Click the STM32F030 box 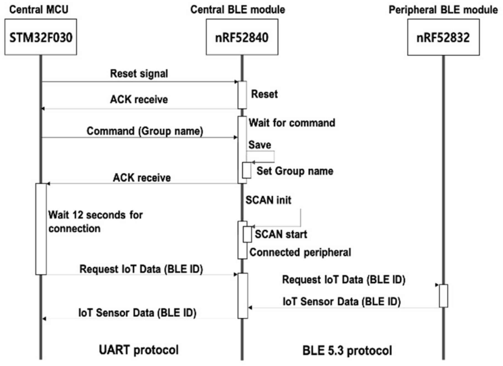(x=41, y=37)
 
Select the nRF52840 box (x=242, y=37)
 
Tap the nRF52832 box (x=443, y=37)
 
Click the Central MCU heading (x=39, y=10)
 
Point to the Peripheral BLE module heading (x=443, y=10)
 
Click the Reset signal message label (x=139, y=74)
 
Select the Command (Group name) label (x=145, y=131)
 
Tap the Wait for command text (x=292, y=123)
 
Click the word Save (x=260, y=145)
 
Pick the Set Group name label (x=295, y=171)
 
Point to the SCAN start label (x=281, y=234)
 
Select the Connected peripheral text (x=300, y=252)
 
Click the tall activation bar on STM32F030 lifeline (x=41, y=229)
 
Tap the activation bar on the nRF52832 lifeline (x=443, y=296)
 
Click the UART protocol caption (x=139, y=350)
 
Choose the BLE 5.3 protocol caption (x=347, y=351)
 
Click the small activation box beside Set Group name (x=247, y=170)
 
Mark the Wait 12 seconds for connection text (x=95, y=222)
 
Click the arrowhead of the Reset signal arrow (x=236, y=82)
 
